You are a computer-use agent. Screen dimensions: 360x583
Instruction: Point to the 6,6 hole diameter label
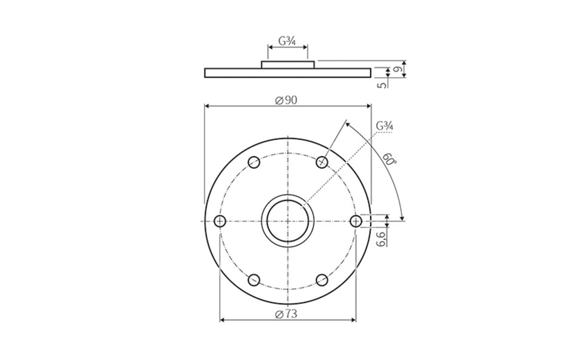tap(381, 238)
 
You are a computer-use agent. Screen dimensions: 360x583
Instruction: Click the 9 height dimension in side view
tap(398, 70)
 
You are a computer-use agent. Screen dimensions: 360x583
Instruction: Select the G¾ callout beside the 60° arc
tap(384, 126)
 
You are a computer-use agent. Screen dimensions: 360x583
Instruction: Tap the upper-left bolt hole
tap(254, 162)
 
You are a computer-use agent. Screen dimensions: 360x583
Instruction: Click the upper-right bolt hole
tap(322, 162)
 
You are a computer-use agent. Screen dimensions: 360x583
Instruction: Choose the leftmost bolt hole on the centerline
tap(220, 222)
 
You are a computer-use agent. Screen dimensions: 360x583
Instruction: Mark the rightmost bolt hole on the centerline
tap(356, 222)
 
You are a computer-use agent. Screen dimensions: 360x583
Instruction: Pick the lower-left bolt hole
tap(254, 280)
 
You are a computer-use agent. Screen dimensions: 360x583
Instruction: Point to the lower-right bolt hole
tap(322, 280)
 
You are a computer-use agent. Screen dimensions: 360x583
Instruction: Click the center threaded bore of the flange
tap(288, 222)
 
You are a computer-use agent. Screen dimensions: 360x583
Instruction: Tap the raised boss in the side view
tap(288, 65)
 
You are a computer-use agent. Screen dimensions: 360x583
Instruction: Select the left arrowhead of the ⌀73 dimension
tap(223, 320)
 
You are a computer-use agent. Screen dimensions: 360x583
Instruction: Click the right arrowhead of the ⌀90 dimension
tap(369, 105)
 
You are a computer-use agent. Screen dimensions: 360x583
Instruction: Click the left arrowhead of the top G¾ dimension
tap(270, 47)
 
